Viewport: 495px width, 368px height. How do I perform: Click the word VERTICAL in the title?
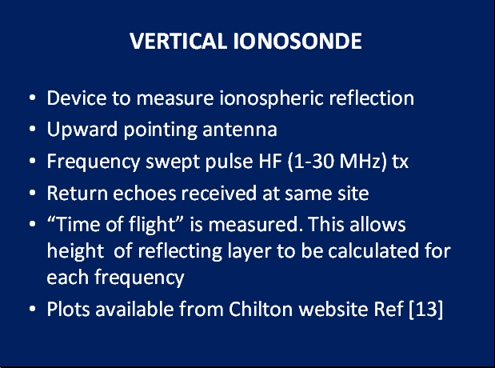click(x=178, y=41)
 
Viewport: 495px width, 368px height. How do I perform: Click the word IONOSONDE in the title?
click(x=297, y=41)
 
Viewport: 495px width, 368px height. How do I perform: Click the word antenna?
click(x=240, y=130)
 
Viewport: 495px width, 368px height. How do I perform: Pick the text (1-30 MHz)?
click(x=337, y=161)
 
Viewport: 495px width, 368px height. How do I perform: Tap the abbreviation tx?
click(x=401, y=162)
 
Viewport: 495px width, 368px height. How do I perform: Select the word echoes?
click(x=144, y=193)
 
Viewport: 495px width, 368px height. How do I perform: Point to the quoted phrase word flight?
click(x=152, y=225)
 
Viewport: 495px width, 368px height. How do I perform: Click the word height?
click(x=75, y=252)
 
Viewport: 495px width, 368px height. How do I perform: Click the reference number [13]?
click(x=426, y=309)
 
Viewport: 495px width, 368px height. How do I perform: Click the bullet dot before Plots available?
click(x=32, y=309)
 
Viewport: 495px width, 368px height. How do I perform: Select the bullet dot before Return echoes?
click(x=32, y=193)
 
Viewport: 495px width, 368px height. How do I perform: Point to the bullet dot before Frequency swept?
click(x=32, y=161)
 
